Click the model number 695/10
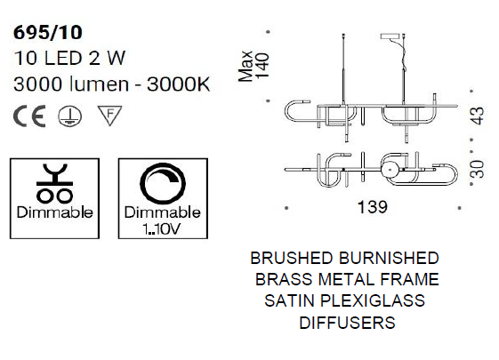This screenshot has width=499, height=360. (48, 32)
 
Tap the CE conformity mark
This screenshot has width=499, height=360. (29, 116)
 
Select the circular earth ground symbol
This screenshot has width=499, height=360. (69, 116)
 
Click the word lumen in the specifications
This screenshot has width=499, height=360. (100, 84)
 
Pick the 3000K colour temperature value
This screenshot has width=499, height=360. (179, 84)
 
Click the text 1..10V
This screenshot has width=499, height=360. (162, 228)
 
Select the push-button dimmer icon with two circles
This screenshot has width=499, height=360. (55, 183)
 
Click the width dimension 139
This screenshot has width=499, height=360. (373, 207)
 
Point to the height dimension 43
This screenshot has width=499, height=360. (478, 116)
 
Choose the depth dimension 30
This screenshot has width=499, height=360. (478, 169)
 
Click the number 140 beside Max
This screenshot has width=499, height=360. (263, 66)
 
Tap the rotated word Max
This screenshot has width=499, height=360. (245, 66)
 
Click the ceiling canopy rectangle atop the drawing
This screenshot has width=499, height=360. (390, 36)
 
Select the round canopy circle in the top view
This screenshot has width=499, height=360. (390, 170)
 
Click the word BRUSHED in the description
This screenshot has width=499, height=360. (292, 258)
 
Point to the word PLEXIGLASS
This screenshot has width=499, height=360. (373, 300)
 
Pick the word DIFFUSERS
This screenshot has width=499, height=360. (347, 323)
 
